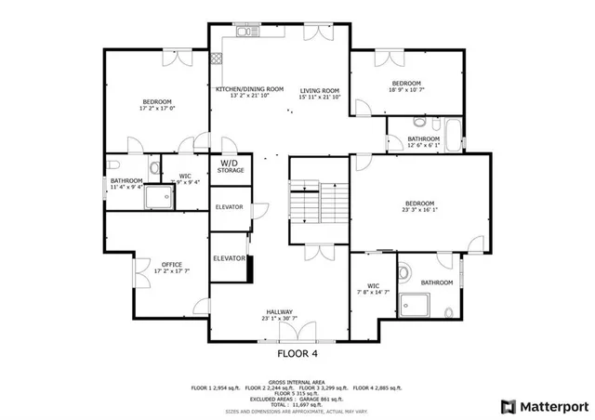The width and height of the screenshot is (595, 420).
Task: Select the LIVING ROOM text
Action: tap(320, 90)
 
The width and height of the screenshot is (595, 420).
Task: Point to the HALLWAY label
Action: tap(279, 312)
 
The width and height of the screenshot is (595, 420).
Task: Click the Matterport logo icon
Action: tap(507, 406)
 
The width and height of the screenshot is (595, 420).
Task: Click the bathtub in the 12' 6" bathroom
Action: tap(453, 135)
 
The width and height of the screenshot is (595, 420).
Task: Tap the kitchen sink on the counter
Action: tap(244, 33)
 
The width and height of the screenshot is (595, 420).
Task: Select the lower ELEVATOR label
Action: tap(229, 257)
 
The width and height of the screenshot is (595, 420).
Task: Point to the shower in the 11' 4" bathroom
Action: tap(164, 196)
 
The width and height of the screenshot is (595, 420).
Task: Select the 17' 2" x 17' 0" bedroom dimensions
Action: tap(157, 108)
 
